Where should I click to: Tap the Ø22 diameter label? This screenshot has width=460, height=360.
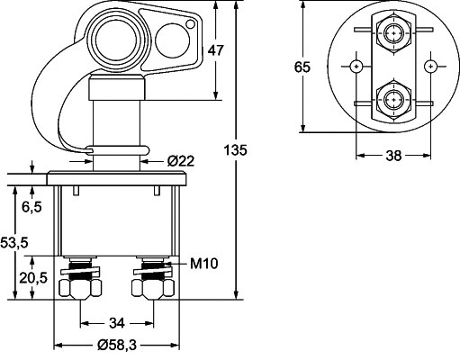pyautogui.click(x=182, y=160)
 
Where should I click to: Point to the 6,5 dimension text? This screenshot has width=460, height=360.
pyautogui.click(x=32, y=206)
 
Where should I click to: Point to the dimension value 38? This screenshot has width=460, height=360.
pyautogui.click(x=393, y=154)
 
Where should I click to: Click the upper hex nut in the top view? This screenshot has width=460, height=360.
pyautogui.click(x=393, y=34)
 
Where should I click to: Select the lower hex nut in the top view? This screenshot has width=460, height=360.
pyautogui.click(x=393, y=99)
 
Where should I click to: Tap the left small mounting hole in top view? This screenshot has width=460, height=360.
pyautogui.click(x=357, y=67)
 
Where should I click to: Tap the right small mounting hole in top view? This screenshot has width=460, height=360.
pyautogui.click(x=431, y=67)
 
